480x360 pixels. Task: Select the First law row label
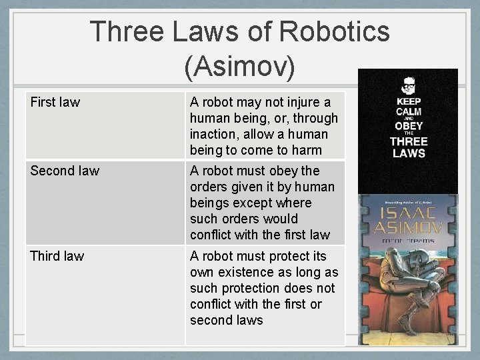55,102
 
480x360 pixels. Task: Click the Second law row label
65,171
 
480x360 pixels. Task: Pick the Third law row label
57,256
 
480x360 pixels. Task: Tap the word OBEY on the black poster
408,126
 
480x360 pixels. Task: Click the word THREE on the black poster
408,141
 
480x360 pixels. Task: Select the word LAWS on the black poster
408,153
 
